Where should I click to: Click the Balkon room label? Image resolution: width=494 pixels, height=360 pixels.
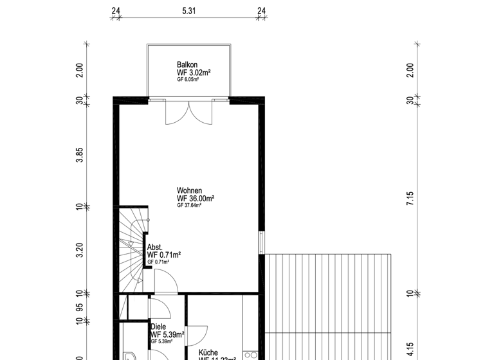click(x=187, y=65)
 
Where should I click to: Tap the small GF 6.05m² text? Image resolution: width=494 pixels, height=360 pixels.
click(x=188, y=79)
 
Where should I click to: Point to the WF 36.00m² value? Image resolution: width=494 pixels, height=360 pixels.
click(x=196, y=199)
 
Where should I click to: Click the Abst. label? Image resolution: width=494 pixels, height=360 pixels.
click(x=155, y=247)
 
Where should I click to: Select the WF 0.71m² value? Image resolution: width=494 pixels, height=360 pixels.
click(x=164, y=255)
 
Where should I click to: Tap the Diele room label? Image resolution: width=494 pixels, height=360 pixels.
click(x=158, y=327)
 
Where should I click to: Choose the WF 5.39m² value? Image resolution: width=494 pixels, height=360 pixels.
click(x=167, y=334)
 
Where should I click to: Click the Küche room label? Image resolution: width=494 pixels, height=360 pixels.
click(x=208, y=352)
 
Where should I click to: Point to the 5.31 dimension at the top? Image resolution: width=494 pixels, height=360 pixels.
click(x=188, y=11)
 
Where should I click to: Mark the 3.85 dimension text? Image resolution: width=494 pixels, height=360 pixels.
click(x=80, y=155)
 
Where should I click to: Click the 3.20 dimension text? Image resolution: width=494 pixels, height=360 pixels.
click(x=80, y=249)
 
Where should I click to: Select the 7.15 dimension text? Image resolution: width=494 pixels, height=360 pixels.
click(x=410, y=197)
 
